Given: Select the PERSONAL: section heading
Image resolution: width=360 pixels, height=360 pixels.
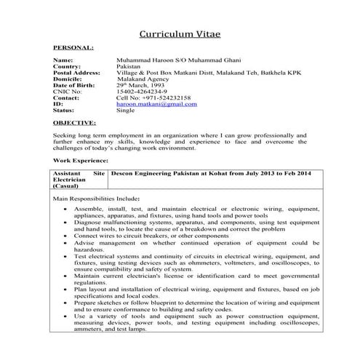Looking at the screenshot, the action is tap(73, 47).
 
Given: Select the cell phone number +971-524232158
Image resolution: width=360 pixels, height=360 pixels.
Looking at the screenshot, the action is tap(154, 98).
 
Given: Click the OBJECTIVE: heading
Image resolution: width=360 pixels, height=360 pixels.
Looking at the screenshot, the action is tap(75, 124).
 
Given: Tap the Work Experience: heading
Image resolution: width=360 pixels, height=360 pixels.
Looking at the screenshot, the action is tap(81, 160).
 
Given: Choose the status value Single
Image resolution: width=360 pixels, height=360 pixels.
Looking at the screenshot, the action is tap(126, 111).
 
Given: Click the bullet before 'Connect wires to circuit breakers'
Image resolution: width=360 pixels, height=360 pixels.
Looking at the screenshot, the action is tap(66, 236).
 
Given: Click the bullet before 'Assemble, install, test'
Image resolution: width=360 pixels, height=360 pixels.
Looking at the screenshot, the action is tap(66, 209).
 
